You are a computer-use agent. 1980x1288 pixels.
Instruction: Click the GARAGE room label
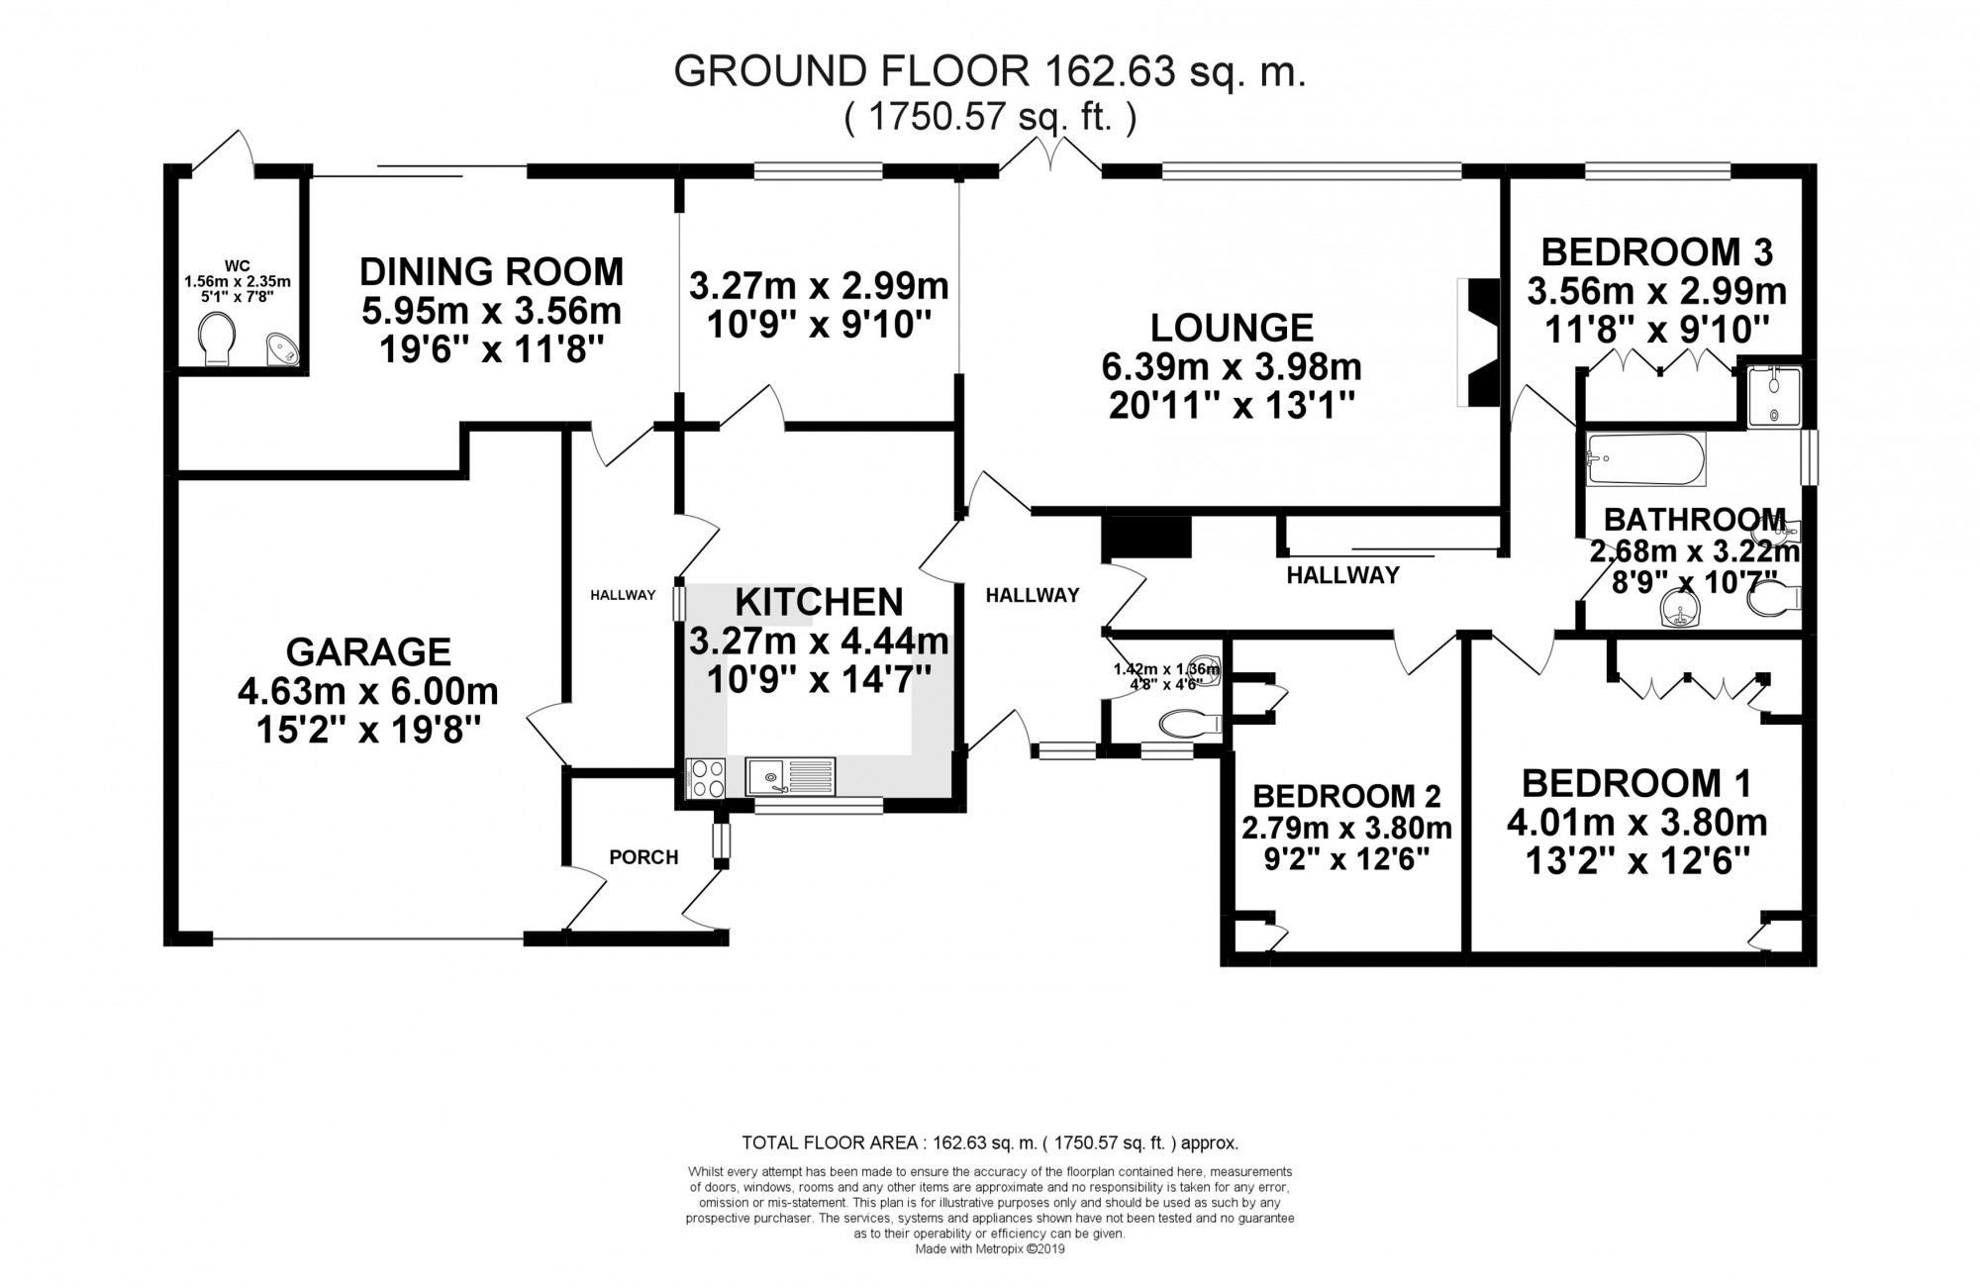[x=368, y=651]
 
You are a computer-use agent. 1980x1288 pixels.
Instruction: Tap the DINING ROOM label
[x=491, y=271]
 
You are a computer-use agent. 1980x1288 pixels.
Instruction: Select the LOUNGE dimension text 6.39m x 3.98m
[x=1232, y=367]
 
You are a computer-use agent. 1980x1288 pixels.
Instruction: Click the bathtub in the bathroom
[x=1644, y=459]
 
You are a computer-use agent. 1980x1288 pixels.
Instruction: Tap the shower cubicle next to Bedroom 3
[x=1772, y=396]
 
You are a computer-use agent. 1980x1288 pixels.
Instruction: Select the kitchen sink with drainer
[x=791, y=777]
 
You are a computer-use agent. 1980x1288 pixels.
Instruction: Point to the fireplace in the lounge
[x=1482, y=343]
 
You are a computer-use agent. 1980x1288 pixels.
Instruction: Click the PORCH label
[x=643, y=857]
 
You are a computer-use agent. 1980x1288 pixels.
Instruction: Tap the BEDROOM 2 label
[x=1346, y=795]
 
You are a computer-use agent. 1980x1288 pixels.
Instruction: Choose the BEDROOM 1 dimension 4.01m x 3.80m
[x=1636, y=823]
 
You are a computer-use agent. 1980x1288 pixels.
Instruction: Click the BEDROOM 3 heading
[x=1656, y=251]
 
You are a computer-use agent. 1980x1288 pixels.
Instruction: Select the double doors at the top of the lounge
[x=1049, y=158]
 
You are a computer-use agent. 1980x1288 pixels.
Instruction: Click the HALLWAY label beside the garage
[x=623, y=595]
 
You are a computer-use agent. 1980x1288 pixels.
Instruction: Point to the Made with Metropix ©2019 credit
[x=990, y=1249]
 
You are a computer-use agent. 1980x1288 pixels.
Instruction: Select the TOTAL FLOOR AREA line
[x=990, y=1142]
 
